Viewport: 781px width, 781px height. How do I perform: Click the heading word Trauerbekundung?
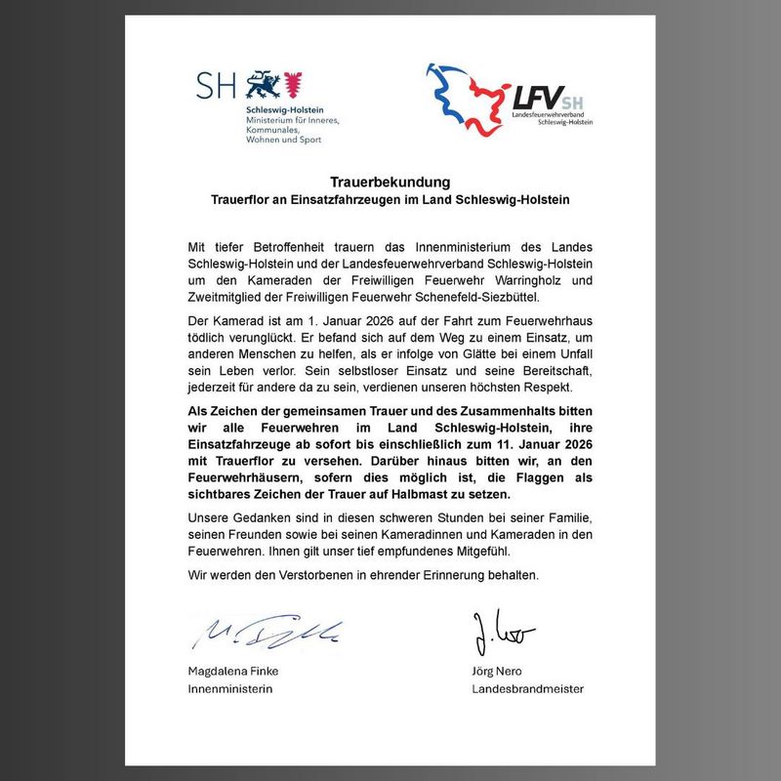390,183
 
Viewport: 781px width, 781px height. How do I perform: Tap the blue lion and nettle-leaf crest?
275,86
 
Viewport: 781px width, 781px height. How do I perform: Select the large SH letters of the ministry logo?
217,85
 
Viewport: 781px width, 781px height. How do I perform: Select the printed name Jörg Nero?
498,672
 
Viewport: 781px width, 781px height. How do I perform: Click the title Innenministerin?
229,688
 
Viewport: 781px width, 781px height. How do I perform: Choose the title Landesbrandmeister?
527,688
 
